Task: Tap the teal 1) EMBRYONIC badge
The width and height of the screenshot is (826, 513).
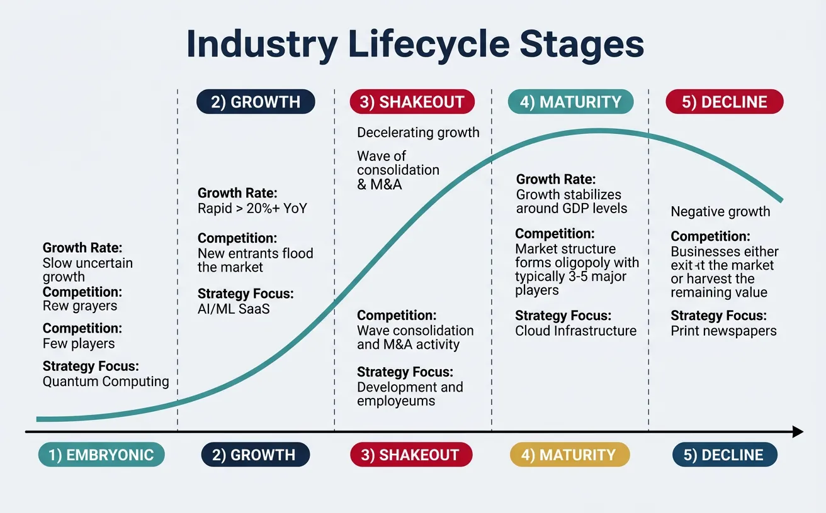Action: click(x=101, y=455)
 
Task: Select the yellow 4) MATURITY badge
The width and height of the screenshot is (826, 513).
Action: click(x=569, y=455)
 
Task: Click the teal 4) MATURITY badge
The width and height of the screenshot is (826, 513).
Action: click(x=570, y=102)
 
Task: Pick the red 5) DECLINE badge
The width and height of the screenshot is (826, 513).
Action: click(x=725, y=102)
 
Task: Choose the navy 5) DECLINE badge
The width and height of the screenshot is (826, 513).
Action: click(x=725, y=455)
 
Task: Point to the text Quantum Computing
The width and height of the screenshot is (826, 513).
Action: click(x=106, y=382)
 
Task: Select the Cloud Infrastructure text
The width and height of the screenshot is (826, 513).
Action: click(x=575, y=331)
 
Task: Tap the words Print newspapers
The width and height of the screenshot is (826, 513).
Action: click(x=723, y=331)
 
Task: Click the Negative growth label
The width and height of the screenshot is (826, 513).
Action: click(x=720, y=212)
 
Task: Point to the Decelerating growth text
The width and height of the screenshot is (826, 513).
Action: click(x=418, y=133)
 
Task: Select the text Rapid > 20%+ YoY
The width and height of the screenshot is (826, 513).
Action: click(x=252, y=208)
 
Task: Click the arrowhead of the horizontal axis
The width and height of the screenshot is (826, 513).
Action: click(x=798, y=432)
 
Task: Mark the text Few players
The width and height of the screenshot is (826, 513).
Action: click(x=79, y=344)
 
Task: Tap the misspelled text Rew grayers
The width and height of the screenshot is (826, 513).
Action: click(x=80, y=306)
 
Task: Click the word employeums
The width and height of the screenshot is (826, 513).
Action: click(x=396, y=401)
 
